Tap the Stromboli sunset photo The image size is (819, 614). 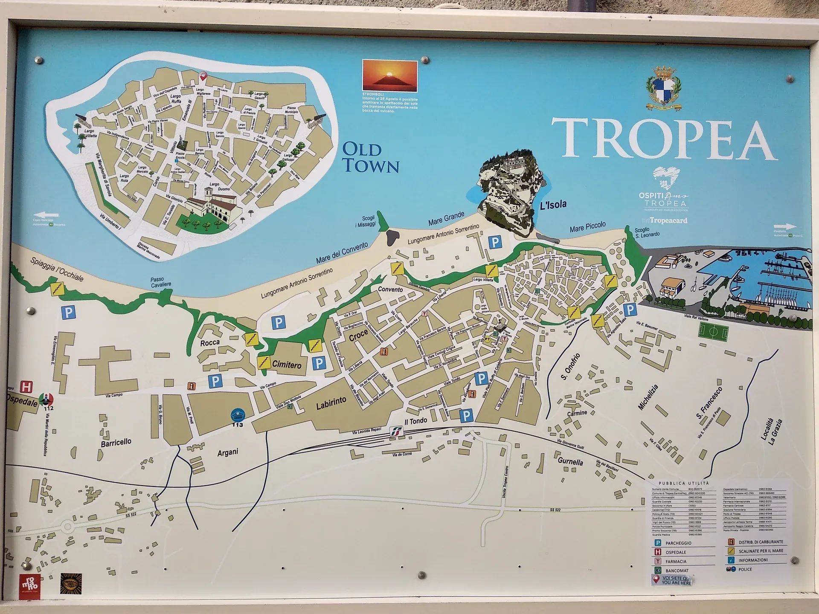389,76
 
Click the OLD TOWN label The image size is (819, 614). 371,158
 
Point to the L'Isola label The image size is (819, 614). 553,205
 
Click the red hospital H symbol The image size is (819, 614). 26,387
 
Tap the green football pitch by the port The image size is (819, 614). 714,331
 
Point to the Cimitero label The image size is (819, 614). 287,365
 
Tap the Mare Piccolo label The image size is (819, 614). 587,227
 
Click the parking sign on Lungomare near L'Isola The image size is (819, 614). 494,243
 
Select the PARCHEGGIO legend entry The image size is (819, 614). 678,543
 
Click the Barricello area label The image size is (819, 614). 116,443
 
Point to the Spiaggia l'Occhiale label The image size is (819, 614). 57,269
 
